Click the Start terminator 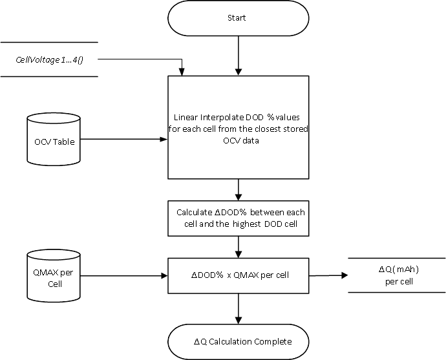[x=239, y=18]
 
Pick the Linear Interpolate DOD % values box [x=239, y=129]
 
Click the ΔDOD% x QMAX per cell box [x=239, y=275]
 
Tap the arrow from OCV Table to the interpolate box [x=123, y=138]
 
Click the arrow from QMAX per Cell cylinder [x=123, y=275]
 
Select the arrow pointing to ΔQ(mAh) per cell [x=328, y=275]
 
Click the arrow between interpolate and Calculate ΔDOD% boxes [x=239, y=189]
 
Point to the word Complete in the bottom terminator [x=271, y=341]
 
